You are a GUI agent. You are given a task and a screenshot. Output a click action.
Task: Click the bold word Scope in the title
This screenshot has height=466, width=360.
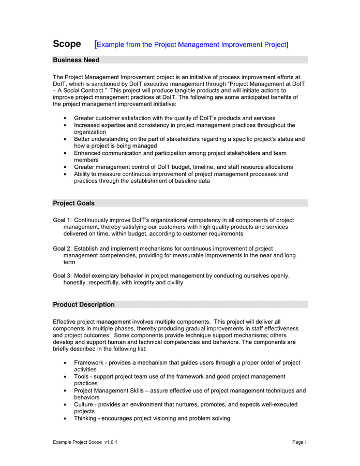point(67,44)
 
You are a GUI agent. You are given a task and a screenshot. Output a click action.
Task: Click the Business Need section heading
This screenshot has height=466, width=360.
point(76,60)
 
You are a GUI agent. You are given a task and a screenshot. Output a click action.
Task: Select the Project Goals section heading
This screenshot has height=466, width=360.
point(73,203)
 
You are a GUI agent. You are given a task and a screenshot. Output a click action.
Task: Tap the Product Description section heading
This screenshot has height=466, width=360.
point(84,304)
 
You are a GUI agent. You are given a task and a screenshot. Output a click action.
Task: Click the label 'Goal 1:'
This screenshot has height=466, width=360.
point(62,220)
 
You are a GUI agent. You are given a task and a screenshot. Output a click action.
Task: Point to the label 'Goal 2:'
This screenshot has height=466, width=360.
point(62,249)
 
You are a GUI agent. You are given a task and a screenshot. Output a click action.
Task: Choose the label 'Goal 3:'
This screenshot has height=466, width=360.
point(62,276)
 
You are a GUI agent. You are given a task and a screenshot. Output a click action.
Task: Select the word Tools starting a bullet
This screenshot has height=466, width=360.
point(82,377)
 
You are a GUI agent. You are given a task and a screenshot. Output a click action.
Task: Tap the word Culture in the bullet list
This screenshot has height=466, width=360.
point(84,404)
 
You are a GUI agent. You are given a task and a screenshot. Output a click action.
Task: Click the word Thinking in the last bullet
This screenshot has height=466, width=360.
point(85,418)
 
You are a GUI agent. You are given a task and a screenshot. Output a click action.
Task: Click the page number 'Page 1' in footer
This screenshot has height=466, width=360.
point(299,442)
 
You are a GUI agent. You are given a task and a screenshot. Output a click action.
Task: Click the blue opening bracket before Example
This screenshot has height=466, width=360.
point(95,44)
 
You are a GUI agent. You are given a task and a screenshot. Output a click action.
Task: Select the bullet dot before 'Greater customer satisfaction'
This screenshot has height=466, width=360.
point(64,119)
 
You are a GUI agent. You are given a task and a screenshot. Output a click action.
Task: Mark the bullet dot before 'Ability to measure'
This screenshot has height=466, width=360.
point(64,174)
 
